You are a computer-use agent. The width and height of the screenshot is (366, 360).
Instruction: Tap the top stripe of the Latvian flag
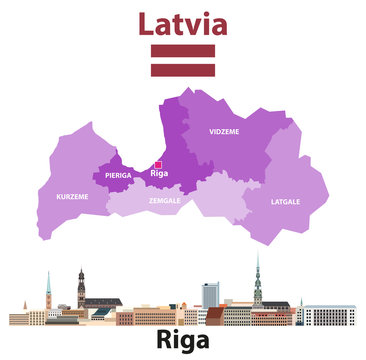click(x=182, y=50)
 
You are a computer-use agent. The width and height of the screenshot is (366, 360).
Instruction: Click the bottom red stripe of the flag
click(x=182, y=71)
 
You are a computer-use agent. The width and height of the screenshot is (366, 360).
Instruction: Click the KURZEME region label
click(x=72, y=196)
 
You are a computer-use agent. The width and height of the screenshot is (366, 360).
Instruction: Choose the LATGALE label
click(x=285, y=201)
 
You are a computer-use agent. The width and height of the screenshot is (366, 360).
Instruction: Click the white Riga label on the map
click(x=158, y=173)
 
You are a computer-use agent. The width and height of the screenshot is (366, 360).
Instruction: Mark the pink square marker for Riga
click(x=157, y=163)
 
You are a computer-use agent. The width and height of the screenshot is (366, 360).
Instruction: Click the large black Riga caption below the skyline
click(x=183, y=341)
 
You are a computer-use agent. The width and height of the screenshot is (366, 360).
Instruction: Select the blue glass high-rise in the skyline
click(x=210, y=295)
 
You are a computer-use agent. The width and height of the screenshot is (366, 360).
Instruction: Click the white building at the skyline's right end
click(x=329, y=316)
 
